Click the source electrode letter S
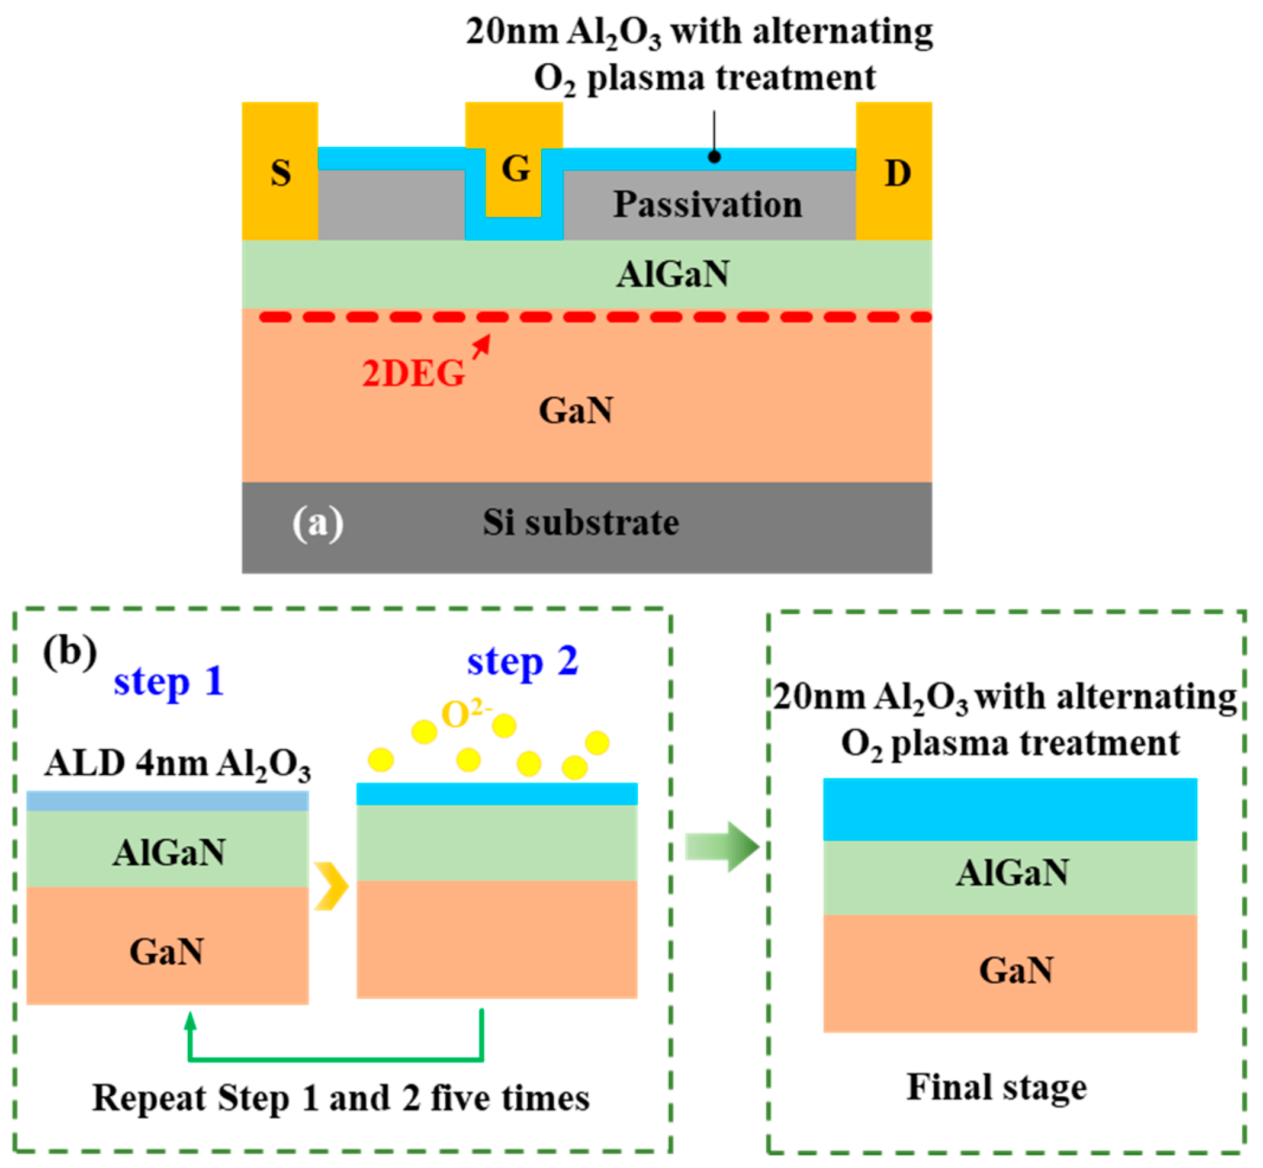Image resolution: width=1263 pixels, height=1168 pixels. pos(281,173)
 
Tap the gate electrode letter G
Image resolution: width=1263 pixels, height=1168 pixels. pos(516,169)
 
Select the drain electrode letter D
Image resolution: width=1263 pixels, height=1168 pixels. pos(897,173)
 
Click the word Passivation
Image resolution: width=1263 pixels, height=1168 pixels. pos(708,205)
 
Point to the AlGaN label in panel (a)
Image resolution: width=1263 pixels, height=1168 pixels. pos(673,274)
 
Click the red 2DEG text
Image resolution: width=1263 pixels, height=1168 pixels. pos(413,374)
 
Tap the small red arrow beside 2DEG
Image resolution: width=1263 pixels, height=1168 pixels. pos(482,346)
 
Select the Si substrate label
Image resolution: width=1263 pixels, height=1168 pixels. pos(581,522)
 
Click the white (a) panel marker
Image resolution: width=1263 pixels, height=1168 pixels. pos(318,524)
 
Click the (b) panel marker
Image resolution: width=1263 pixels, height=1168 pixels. pos(69,652)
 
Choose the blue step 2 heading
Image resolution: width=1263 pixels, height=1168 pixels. pos(522,662)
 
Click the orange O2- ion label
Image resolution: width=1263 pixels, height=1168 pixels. pos(465,714)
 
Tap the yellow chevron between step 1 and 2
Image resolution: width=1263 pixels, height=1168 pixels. pos(331,885)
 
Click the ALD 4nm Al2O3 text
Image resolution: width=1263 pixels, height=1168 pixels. pos(178,765)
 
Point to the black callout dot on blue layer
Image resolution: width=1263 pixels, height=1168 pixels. pos(714,157)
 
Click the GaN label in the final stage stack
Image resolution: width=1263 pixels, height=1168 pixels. pos(1016,970)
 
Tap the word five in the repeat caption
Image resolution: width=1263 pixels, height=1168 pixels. pos(457,1098)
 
